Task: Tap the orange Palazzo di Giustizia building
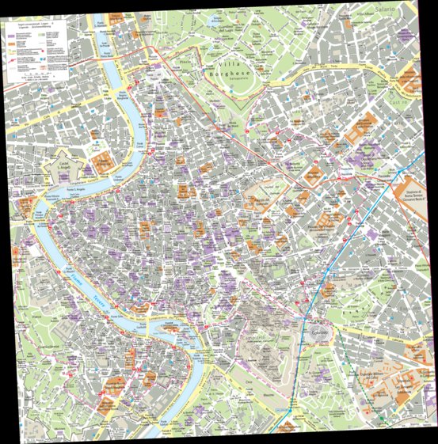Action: pyautogui.click(x=101, y=163)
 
